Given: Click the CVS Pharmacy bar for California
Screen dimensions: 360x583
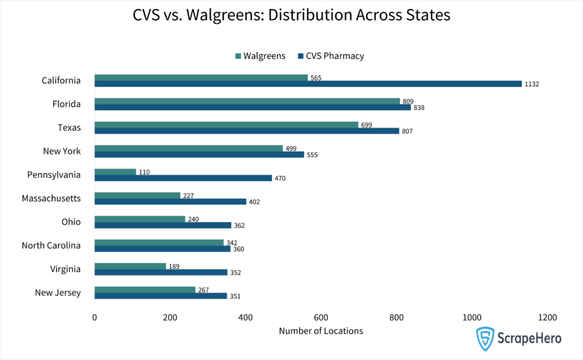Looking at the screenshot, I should (308, 84).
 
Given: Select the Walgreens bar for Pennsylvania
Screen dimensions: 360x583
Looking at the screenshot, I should (115, 172).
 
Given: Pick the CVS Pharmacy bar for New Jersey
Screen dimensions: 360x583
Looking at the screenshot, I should (161, 296).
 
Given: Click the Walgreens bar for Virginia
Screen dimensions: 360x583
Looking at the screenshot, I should (130, 266).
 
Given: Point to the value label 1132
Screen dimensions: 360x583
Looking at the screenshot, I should (532, 84).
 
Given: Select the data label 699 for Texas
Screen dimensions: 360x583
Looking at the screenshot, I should (366, 125).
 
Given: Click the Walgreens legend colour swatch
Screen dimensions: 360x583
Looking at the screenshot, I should (238, 56).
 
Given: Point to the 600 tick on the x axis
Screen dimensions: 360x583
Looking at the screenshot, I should (321, 317).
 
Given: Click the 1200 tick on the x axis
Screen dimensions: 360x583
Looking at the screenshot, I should (547, 317).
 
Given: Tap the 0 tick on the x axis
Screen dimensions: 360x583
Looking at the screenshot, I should (95, 317).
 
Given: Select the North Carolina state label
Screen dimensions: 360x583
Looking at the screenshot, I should (51, 245).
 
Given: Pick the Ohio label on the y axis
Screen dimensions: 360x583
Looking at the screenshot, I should (71, 221).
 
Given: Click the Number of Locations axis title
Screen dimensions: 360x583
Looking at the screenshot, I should (321, 331).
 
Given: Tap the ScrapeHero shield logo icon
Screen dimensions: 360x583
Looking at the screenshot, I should (485, 338).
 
